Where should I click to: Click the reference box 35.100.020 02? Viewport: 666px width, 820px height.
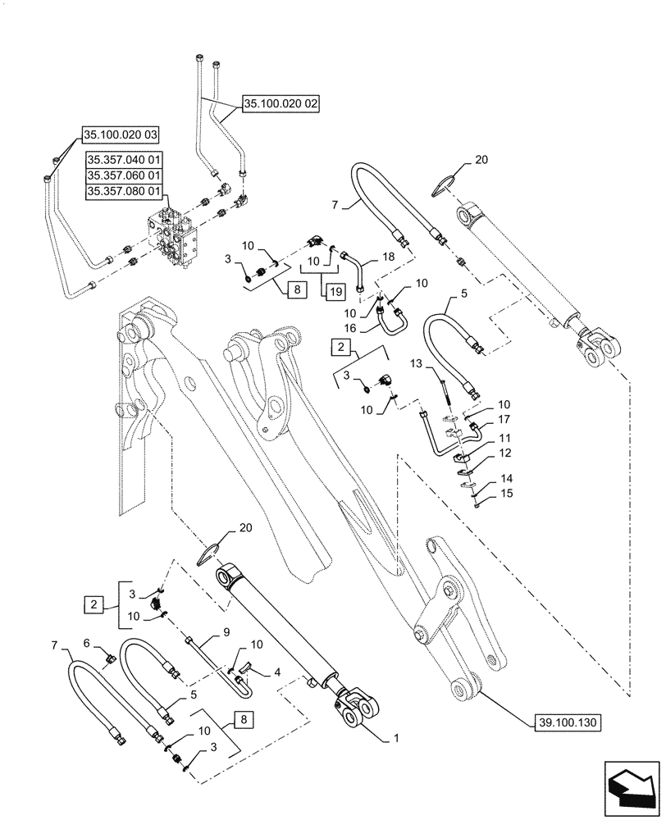[x=281, y=104]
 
